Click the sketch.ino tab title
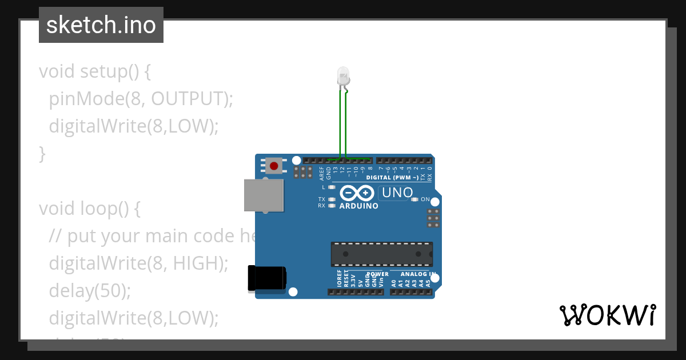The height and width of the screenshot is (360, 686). click(101, 25)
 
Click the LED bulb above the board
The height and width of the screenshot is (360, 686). click(343, 76)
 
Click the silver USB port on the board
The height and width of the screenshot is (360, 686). click(264, 195)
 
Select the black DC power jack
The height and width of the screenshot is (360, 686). click(266, 278)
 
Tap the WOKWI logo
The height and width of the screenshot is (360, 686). click(607, 315)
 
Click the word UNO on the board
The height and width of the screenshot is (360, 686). click(397, 193)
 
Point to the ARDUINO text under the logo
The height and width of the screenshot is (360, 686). click(359, 206)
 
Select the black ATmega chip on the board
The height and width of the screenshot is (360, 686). click(381, 254)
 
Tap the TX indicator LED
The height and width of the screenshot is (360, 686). click(332, 199)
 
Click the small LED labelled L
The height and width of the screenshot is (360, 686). click(332, 187)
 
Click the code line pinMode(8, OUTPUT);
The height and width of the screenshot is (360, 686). click(141, 99)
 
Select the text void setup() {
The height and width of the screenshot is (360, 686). click(94, 71)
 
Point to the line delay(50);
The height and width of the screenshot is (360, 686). click(90, 290)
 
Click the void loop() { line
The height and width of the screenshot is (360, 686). click(89, 209)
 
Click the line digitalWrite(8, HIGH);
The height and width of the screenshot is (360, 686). click(138, 263)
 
